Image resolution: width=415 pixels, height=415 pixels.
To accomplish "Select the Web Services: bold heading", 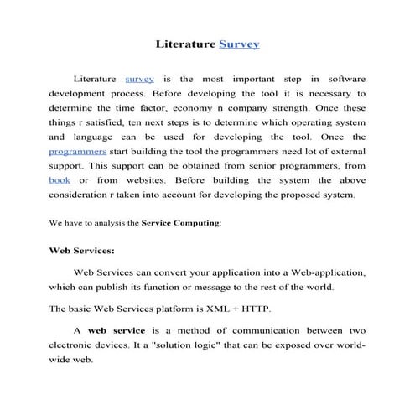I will tap(82, 250).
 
